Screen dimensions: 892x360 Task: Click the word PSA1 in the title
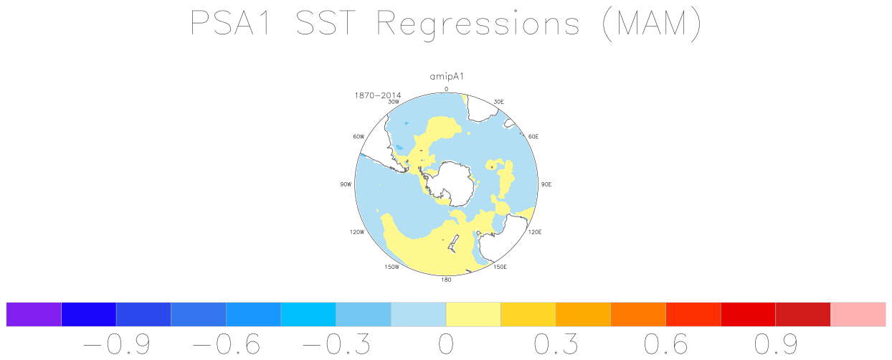(x=231, y=23)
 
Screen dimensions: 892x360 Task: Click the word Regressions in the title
(x=478, y=24)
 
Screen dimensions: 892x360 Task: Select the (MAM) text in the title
(x=652, y=24)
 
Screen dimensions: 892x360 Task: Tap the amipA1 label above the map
(x=447, y=77)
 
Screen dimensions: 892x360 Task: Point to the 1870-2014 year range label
(x=377, y=95)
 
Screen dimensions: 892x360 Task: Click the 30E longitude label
(x=499, y=102)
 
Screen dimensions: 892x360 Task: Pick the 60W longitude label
(x=359, y=136)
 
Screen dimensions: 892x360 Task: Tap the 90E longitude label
(x=546, y=184)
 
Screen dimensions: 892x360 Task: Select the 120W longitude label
(x=357, y=232)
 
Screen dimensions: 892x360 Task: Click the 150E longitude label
(x=500, y=267)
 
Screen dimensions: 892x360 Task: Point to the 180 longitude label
(x=446, y=280)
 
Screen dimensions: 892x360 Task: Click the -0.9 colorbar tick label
(x=116, y=344)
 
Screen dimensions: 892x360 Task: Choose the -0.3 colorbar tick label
(x=336, y=344)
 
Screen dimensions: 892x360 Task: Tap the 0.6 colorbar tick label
(x=665, y=344)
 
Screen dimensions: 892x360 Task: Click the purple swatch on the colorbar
(x=34, y=315)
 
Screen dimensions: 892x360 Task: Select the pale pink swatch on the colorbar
(x=858, y=315)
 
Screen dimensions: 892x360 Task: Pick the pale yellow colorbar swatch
(x=473, y=315)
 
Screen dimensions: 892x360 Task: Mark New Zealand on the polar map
(x=453, y=243)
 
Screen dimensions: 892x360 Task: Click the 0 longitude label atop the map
(x=447, y=89)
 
